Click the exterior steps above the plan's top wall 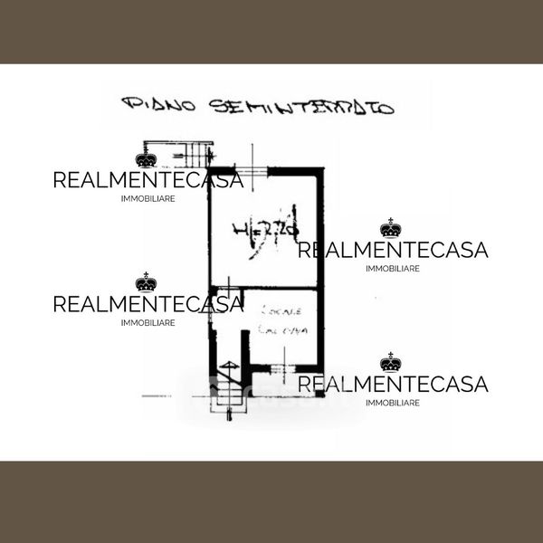(181, 150)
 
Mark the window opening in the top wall (258, 169)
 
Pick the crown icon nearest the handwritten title (147, 159)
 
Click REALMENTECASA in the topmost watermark (148, 179)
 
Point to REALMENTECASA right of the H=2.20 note (393, 250)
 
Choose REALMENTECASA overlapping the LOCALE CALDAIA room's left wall (148, 303)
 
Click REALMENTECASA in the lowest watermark (393, 385)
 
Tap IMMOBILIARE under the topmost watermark (148, 198)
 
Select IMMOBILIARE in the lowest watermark (393, 403)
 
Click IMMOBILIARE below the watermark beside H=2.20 (393, 269)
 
